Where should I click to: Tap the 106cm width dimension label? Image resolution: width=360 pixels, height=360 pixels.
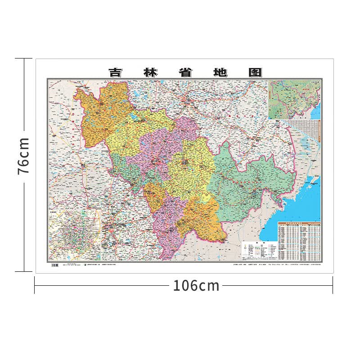pos(196,285)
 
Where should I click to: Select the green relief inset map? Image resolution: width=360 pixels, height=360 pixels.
pos(294,99)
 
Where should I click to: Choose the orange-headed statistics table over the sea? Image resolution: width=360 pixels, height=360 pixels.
pos(299,241)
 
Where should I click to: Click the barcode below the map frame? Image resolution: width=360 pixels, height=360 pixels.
pos(55,265)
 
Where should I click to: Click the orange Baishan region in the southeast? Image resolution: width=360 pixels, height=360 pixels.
pos(202,220)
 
